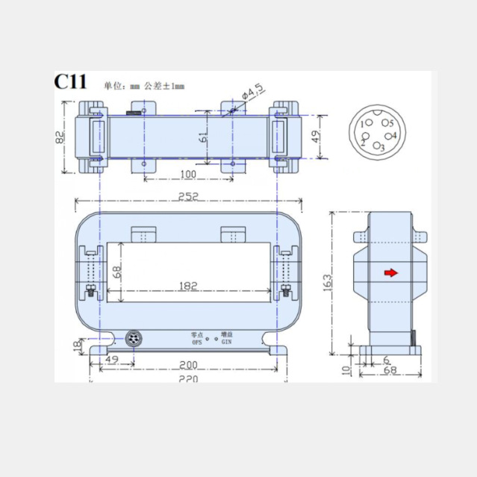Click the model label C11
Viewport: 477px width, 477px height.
(72, 82)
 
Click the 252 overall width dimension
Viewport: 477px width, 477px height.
(188, 196)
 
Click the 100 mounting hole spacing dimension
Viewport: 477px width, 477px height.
(187, 174)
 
